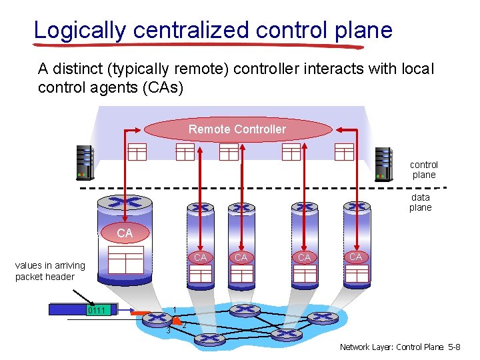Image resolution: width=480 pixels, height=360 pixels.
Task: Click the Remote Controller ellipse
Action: click(237, 129)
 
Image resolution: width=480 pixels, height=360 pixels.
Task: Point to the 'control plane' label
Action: click(424, 169)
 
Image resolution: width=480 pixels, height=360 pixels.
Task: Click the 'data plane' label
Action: click(421, 202)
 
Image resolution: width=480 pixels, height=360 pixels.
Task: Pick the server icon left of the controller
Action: click(85, 163)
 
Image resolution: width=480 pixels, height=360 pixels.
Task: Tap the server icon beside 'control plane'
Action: click(384, 164)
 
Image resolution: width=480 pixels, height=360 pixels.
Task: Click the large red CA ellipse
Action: click(125, 233)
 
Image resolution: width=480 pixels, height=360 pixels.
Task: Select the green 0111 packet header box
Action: click(100, 310)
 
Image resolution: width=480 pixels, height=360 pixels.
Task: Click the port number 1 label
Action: click(174, 309)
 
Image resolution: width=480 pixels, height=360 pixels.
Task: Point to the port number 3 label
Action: click(169, 330)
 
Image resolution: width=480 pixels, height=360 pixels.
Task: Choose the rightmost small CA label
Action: click(355, 257)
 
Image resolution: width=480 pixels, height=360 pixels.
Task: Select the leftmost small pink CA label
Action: click(199, 257)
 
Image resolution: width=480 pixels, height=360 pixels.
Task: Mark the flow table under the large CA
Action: click(126, 260)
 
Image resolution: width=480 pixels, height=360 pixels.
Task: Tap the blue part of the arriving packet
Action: click(67, 310)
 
